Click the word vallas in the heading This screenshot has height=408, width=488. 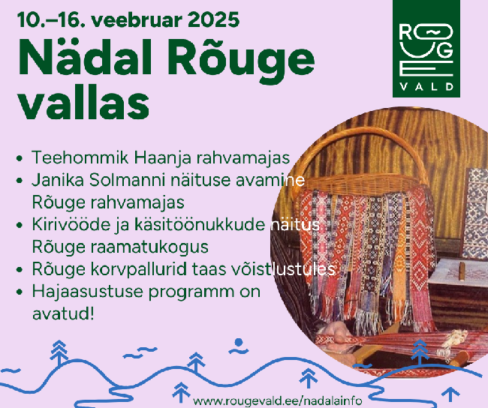coord(83,102)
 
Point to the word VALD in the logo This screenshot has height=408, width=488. coord(426,86)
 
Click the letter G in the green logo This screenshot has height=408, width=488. coord(444,50)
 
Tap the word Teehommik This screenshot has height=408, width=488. coord(80,157)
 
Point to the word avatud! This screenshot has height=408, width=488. coord(63,313)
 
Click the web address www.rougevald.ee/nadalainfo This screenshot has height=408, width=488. coord(277,400)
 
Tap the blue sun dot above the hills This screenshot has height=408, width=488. coord(239,342)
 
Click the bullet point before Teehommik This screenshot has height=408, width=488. coord(20,158)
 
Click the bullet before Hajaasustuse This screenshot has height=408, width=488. coord(20,292)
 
